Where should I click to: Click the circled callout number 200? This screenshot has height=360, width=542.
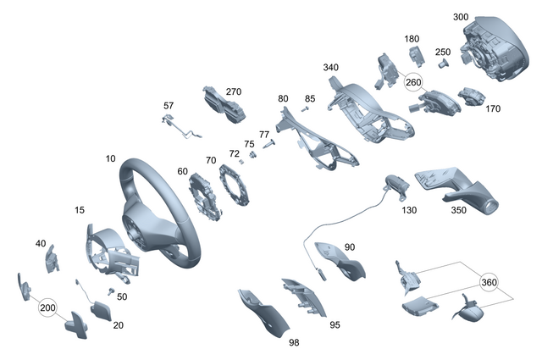[47, 307]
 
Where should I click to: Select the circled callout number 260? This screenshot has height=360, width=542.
[414, 82]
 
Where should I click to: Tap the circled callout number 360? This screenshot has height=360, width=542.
[489, 282]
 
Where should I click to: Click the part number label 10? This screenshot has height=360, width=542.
[111, 159]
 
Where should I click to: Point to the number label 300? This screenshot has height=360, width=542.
[484, 17]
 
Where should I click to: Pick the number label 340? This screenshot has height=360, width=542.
[330, 67]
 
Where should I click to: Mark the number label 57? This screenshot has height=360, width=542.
[169, 106]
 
